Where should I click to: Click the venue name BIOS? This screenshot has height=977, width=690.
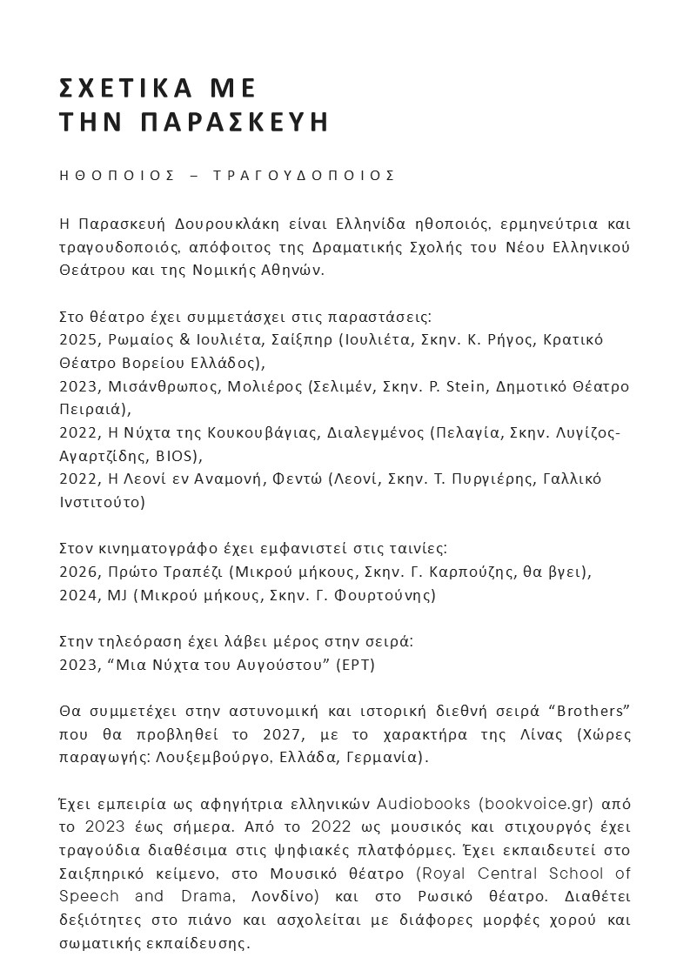[x=179, y=455]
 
